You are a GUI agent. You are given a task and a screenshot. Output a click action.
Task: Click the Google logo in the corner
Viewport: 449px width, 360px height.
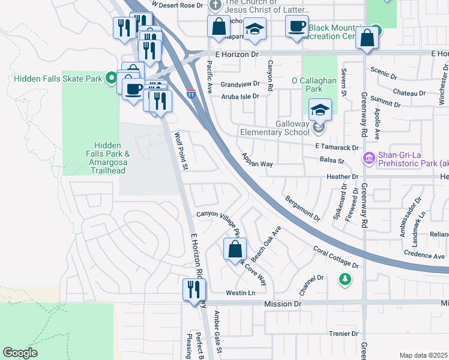20,353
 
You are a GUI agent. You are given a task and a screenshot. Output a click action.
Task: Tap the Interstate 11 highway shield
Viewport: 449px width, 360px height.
191,94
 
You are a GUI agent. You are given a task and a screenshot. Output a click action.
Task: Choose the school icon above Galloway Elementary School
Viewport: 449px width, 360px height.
320,110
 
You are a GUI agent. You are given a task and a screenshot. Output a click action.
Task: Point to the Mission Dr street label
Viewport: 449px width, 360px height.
282,304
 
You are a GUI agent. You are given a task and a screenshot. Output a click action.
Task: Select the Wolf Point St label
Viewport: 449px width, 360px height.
179,151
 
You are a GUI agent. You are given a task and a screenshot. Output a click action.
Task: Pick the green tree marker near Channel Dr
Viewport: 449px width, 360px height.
345,279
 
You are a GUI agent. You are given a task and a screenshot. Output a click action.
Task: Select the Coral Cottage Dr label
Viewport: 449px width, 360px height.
336,256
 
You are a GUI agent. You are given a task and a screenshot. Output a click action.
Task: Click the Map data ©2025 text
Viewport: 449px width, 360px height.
423,355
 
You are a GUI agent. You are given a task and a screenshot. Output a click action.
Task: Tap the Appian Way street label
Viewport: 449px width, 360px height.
257,160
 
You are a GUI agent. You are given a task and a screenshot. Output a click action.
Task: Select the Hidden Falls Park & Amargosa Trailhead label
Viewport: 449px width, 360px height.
107,158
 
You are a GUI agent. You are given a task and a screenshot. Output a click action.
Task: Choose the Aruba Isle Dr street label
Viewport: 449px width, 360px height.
239,96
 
